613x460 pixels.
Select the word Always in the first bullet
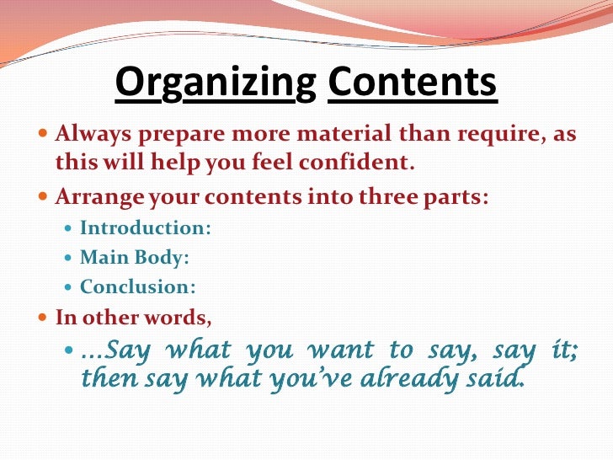85,134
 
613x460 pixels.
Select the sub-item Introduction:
146,228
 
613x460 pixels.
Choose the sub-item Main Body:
128,258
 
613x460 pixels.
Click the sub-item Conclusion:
138,287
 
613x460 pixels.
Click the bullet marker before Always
44,135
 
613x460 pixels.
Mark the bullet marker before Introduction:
70,228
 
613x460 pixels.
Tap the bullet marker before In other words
44,319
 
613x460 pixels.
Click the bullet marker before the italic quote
70,350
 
